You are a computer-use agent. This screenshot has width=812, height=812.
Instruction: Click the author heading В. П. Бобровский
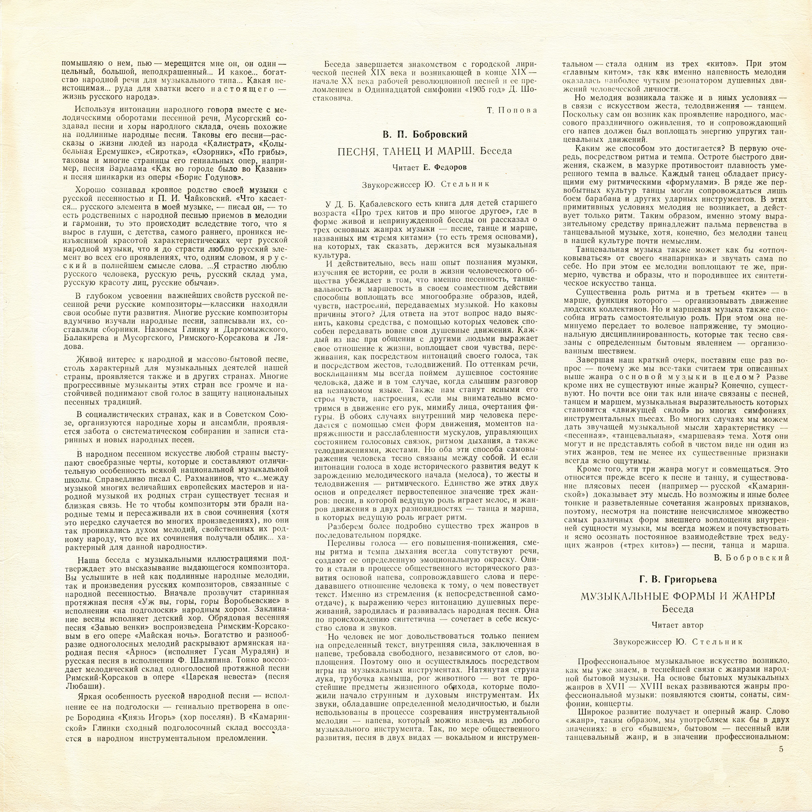coord(425,134)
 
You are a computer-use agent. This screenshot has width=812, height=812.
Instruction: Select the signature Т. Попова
coord(512,110)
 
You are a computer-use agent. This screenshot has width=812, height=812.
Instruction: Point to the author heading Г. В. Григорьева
coord(678,579)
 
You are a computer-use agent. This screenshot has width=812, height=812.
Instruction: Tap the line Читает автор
coord(678,625)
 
